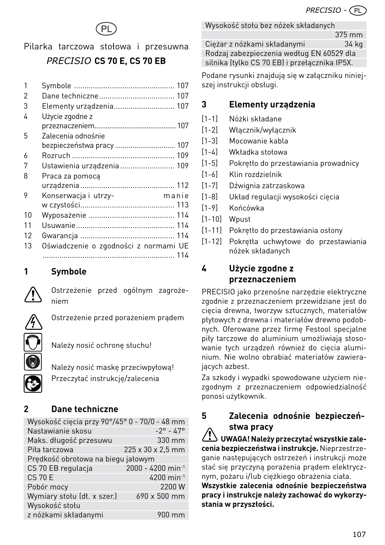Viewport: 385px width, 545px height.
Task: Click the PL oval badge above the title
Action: pyautogui.click(x=106, y=29)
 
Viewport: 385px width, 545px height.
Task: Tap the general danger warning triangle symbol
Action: pyautogui.click(x=33, y=294)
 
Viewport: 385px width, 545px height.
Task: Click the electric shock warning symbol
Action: pyautogui.click(x=33, y=322)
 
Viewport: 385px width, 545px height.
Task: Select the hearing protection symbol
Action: pyautogui.click(x=33, y=342)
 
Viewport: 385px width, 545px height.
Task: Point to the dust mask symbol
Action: pyautogui.click(x=33, y=362)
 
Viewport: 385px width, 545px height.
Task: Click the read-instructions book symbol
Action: pyautogui.click(x=33, y=384)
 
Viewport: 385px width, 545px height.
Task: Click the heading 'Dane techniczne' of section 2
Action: pyautogui.click(x=84, y=409)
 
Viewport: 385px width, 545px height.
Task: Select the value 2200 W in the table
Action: pyautogui.click(x=172, y=487)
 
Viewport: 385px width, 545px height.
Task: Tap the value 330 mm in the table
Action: pyautogui.click(x=171, y=440)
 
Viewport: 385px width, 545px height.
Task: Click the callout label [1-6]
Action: pyautogui.click(x=210, y=175)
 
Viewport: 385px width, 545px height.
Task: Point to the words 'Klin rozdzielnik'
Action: pyautogui.click(x=255, y=175)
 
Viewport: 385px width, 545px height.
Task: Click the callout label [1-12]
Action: pyautogui.click(x=211, y=242)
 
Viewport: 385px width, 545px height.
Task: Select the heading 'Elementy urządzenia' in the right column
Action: pyautogui.click(x=272, y=105)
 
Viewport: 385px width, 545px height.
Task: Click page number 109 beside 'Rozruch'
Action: pyautogui.click(x=183, y=156)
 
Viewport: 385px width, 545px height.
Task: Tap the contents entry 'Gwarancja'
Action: pyautogui.click(x=60, y=236)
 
